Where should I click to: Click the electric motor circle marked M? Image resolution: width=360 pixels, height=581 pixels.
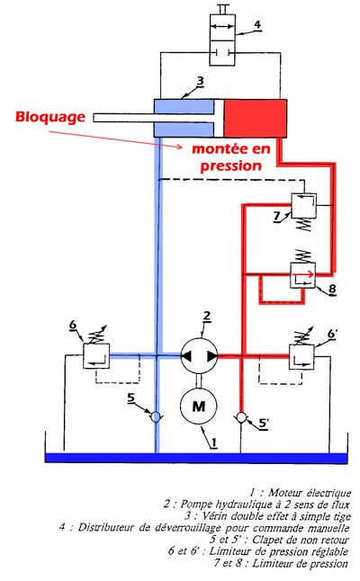[x=198, y=406]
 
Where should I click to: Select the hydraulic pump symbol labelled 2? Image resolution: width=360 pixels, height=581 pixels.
[x=199, y=356]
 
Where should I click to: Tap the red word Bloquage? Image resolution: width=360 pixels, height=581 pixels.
[x=50, y=117]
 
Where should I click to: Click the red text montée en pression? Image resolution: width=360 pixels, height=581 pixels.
[x=231, y=156]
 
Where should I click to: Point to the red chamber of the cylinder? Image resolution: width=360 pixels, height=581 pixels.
[x=255, y=118]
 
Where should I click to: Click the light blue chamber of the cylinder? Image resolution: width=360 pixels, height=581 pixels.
[x=184, y=118]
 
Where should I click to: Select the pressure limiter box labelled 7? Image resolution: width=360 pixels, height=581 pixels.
[x=303, y=205]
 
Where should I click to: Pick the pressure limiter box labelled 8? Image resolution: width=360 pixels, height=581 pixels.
[x=303, y=275]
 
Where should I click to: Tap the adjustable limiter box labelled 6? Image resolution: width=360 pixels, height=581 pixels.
[x=96, y=356]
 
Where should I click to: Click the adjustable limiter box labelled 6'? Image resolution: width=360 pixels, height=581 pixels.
[x=301, y=357]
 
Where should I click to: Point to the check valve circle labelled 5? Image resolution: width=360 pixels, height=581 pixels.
[x=156, y=417]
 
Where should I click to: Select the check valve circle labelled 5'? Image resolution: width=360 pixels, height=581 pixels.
[x=241, y=417]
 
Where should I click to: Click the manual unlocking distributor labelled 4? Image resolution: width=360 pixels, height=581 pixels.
[x=222, y=40]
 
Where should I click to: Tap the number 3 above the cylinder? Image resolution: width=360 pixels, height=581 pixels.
[x=200, y=81]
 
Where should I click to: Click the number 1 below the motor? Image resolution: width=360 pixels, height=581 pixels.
[x=213, y=442]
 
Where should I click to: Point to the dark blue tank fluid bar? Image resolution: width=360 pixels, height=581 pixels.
[x=196, y=458]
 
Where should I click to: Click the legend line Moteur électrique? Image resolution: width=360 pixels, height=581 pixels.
[x=300, y=493]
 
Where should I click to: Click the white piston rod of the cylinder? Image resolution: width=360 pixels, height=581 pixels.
[x=154, y=118]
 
